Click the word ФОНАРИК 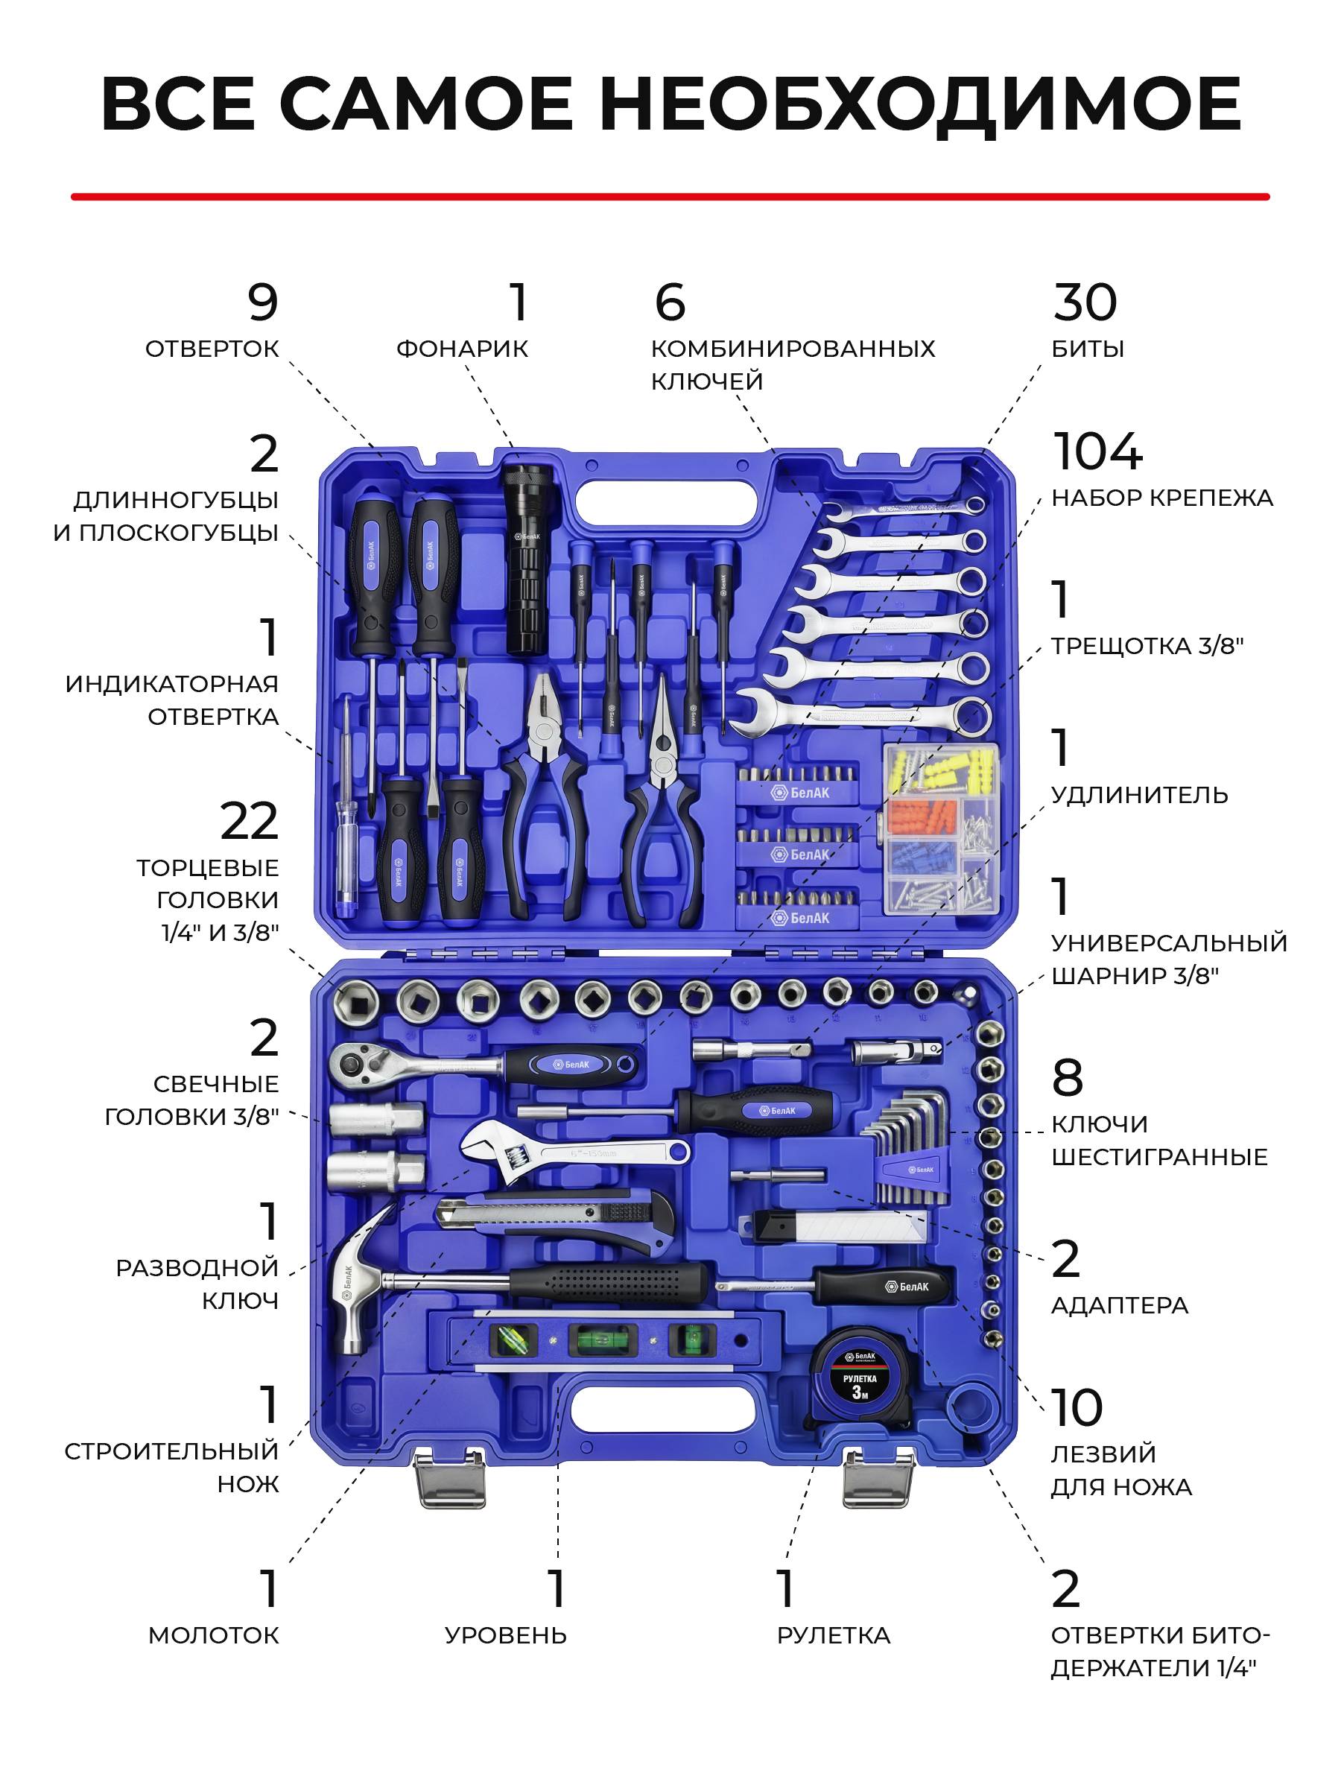[462, 349]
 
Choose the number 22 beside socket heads [249, 821]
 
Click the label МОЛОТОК [213, 1635]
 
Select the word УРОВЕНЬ [506, 1635]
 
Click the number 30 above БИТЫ [1085, 302]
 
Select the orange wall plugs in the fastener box [922, 817]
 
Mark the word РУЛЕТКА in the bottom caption [834, 1635]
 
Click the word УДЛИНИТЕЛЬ [1139, 796]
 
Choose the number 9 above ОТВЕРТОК [263, 302]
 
